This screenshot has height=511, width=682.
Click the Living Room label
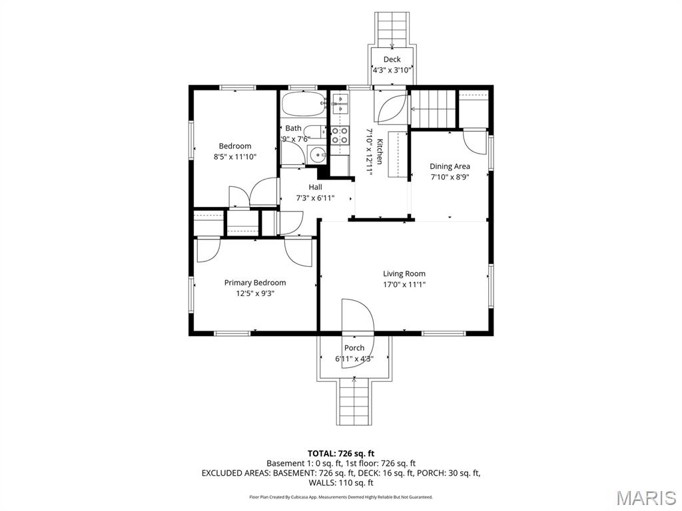tap(404, 273)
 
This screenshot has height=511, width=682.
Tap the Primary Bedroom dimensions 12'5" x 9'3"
tap(254, 293)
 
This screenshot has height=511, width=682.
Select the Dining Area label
tap(450, 166)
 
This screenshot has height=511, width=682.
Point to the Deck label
tap(392, 59)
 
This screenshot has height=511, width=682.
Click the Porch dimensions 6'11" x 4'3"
tap(354, 359)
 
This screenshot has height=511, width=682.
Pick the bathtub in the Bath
tap(303, 104)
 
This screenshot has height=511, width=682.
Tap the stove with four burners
tap(340, 136)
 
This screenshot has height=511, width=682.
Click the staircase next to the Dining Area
tap(433, 108)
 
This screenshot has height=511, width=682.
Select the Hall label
tap(315, 187)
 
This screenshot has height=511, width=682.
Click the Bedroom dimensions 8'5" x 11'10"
tap(234, 156)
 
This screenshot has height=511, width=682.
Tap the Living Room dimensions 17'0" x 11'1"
tap(404, 284)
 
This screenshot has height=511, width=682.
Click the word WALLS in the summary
tap(324, 483)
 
